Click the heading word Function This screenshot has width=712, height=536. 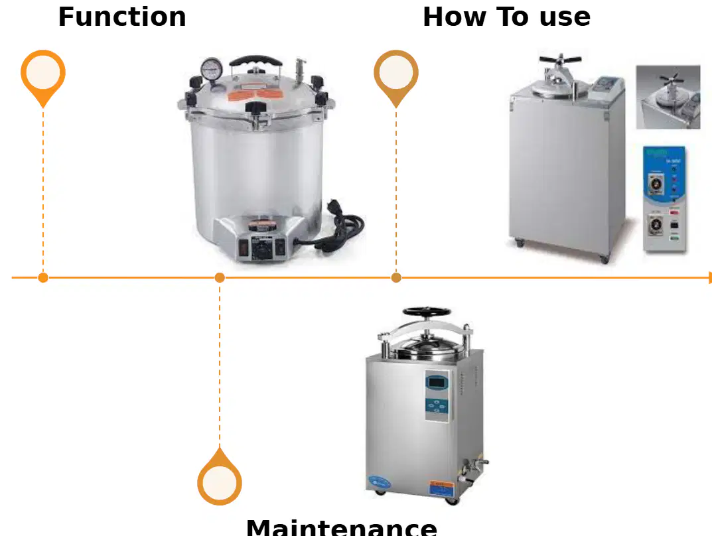coord(122,17)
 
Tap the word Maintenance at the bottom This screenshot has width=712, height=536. coord(342,527)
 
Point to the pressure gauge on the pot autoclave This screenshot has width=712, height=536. coord(212,70)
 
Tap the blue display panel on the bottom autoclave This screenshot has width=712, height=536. coord(437,396)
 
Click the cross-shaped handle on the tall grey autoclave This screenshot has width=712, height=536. coord(560,61)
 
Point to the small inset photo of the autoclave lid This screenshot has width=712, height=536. coord(668,97)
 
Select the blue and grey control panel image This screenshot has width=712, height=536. coord(664,199)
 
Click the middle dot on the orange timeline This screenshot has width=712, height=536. coord(220,277)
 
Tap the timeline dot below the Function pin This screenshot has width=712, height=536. coord(43,277)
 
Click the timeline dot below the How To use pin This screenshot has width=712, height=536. coord(396,277)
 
